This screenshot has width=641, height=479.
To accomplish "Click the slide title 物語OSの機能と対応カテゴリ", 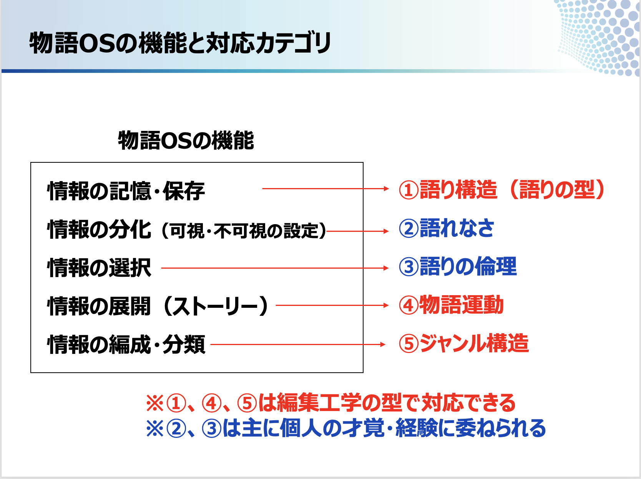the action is [x=180, y=43].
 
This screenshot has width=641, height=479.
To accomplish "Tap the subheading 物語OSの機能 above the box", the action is [x=186, y=140].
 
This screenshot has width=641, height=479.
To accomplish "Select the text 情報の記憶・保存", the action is [x=126, y=191].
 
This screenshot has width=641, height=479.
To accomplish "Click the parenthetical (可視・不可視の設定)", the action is [x=244, y=231].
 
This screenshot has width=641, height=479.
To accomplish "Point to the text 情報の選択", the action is [x=99, y=268].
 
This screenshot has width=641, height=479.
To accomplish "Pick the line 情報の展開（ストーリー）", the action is [x=158, y=306].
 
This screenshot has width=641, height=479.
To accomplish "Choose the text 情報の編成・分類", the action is [x=126, y=344].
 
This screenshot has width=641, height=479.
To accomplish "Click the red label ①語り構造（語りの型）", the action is [x=502, y=190].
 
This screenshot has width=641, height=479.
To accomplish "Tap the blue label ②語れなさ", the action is [x=447, y=228].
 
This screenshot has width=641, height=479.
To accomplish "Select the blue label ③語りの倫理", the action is [x=458, y=266].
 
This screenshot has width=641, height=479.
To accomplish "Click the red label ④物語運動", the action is [x=451, y=305].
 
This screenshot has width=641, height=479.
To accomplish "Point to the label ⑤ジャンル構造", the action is [x=464, y=343].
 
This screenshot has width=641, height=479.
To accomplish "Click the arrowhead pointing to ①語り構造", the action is [x=386, y=188].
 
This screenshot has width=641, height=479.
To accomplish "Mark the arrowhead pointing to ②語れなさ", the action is [x=386, y=231].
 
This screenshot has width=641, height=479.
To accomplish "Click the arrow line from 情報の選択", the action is [x=275, y=268].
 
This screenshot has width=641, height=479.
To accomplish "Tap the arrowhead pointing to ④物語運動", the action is [x=386, y=305].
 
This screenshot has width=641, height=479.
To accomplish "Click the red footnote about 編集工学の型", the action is [x=331, y=403].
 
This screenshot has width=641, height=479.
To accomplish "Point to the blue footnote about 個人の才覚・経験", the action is [x=346, y=428].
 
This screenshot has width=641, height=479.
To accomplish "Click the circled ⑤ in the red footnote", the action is [x=247, y=403].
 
